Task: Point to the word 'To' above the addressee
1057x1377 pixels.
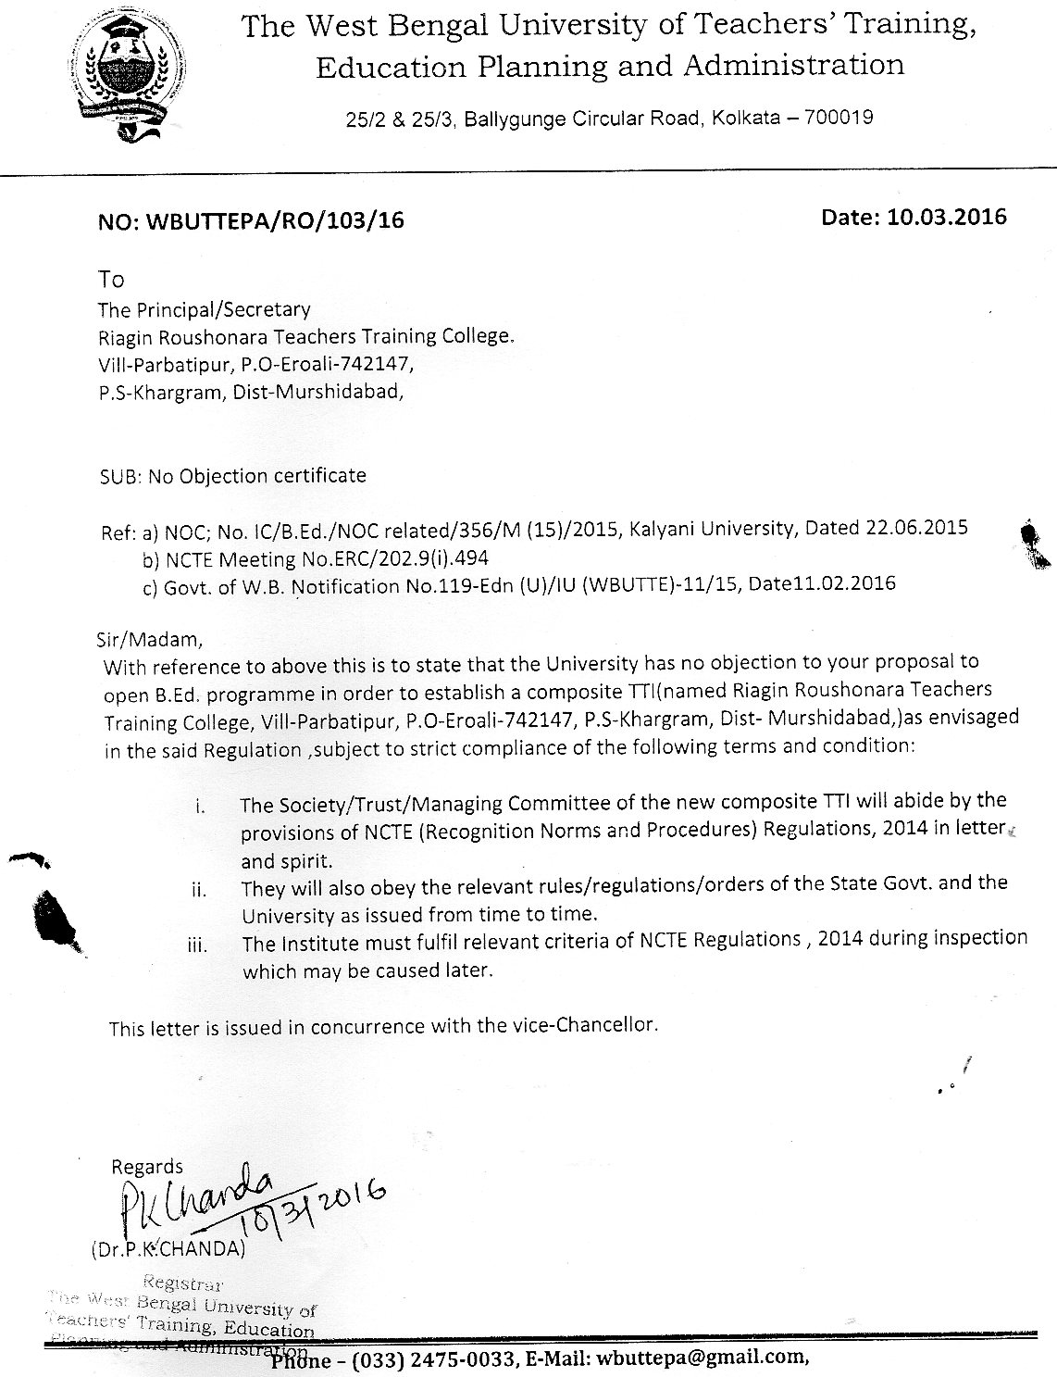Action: coord(111,279)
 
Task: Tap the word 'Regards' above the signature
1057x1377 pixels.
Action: coord(147,1167)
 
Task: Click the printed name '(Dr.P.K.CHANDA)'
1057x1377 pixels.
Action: coord(168,1248)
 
